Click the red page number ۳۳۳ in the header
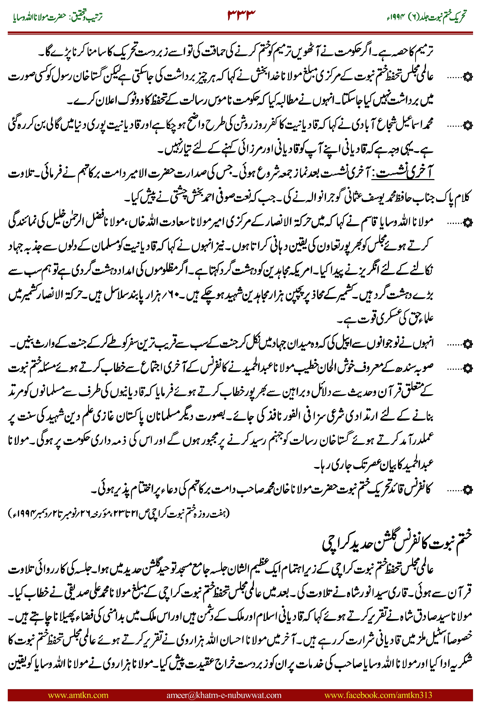click(x=241, y=15)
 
